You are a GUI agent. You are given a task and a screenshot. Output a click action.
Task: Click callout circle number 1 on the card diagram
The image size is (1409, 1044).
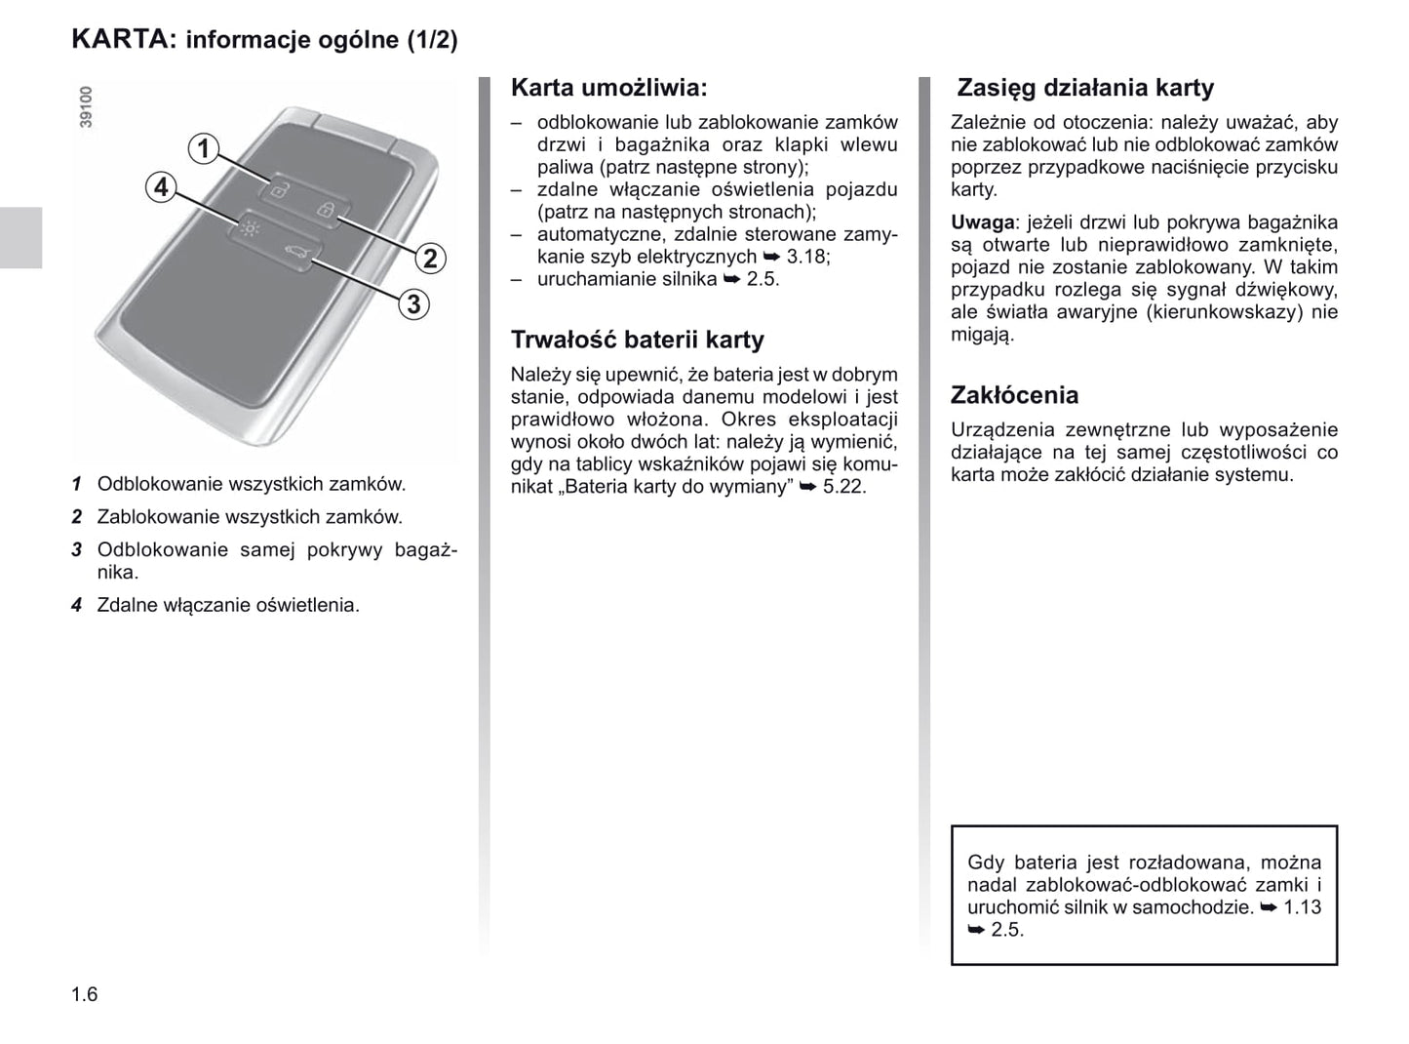click(x=203, y=148)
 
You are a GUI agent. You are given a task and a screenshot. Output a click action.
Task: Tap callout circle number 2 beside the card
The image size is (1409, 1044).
click(x=430, y=259)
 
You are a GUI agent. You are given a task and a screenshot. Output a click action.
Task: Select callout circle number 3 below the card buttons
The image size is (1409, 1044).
click(x=413, y=304)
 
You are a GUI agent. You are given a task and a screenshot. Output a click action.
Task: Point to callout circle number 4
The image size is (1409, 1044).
click(x=161, y=186)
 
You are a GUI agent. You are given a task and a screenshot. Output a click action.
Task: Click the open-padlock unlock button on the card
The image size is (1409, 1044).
click(x=279, y=190)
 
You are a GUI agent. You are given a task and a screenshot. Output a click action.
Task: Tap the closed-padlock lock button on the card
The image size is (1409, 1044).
click(x=328, y=209)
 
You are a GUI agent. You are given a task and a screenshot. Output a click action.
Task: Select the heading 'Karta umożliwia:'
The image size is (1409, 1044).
click(x=608, y=88)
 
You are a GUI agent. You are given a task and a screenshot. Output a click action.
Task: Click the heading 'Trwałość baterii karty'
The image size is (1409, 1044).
click(x=637, y=340)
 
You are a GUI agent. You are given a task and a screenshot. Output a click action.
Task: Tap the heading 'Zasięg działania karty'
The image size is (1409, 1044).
click(x=1084, y=88)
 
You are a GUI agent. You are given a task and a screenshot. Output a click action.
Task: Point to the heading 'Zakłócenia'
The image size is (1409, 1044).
click(x=1014, y=395)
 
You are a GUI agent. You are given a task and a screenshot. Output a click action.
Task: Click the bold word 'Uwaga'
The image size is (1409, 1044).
click(x=982, y=222)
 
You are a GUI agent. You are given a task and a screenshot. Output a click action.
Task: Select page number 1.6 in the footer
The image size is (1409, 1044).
click(x=85, y=994)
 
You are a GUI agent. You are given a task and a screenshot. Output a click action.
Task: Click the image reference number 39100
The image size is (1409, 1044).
click(x=86, y=106)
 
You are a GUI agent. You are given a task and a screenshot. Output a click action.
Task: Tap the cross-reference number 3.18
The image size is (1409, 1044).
click(x=806, y=257)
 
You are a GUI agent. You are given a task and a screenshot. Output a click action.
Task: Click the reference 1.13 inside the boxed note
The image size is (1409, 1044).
click(x=1302, y=907)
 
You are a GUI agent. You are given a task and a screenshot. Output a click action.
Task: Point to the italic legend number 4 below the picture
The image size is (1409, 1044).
click(x=76, y=605)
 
